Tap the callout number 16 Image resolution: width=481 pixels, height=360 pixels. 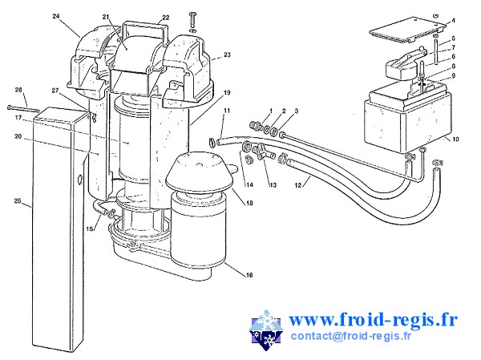[249, 275]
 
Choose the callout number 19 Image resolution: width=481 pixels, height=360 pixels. [228, 93]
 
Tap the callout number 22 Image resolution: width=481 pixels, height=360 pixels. [165, 18]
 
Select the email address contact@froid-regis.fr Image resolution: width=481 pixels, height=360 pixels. [351, 337]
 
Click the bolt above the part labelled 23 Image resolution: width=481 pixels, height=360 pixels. [192, 22]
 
